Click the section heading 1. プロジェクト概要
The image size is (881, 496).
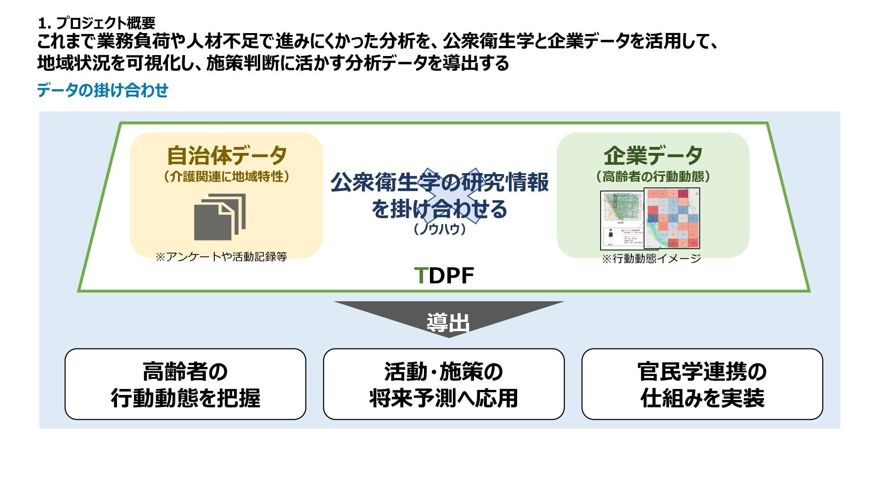coord(97,23)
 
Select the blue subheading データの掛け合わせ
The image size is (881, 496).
coord(102,90)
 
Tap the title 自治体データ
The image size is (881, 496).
coord(227,156)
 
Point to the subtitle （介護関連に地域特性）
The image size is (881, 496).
coord(227,177)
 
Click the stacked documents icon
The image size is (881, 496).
coord(220,216)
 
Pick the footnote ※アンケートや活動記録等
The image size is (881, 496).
coord(221,257)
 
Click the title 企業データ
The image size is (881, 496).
coord(652,156)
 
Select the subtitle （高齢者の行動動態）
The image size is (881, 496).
coord(652,177)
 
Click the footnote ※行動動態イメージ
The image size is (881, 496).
coord(651,259)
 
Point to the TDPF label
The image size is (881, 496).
coord(444,276)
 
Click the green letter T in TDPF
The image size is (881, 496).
coord(420,276)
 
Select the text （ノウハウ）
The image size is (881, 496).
coord(440,229)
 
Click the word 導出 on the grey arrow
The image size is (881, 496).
coord(448,322)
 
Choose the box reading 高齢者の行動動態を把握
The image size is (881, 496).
coord(185,384)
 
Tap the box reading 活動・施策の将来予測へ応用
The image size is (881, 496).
coord(444,384)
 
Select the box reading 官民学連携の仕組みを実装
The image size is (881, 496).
coord(702,384)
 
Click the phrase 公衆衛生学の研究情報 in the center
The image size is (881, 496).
coord(440,182)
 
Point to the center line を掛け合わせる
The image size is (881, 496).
coord(440,209)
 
